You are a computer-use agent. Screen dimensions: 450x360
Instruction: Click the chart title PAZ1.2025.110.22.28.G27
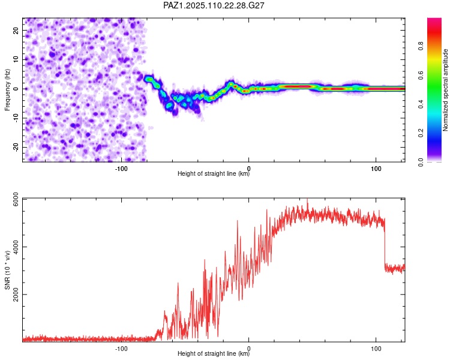[214, 5]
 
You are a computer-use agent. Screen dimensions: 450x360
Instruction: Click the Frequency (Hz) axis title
[7, 90]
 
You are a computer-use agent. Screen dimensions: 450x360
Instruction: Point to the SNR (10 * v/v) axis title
[7, 270]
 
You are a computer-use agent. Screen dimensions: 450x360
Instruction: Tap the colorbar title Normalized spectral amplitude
[445, 90]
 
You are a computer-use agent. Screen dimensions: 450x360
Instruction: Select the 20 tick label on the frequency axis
[16, 31]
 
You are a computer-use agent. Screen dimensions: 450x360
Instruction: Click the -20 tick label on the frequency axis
[16, 146]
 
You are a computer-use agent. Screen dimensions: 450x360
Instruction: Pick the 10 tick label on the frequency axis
[16, 59]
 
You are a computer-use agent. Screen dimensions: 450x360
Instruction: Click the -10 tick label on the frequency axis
[16, 118]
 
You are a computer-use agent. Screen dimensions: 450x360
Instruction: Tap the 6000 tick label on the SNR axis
[16, 199]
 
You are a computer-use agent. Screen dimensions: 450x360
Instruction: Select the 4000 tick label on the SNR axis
[16, 247]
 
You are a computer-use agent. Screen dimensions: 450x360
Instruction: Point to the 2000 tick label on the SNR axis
[16, 295]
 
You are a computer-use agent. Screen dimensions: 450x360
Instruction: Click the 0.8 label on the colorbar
[421, 46]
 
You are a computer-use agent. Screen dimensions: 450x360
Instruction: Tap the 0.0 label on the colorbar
[421, 162]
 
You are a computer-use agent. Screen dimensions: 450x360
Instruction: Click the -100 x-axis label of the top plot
[121, 169]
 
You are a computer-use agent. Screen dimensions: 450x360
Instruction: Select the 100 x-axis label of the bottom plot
[376, 349]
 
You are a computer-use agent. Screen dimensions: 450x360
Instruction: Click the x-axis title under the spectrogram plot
[214, 173]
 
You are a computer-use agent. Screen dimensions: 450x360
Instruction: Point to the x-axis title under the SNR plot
[214, 353]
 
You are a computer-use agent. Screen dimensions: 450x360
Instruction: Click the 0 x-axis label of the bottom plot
[248, 349]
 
